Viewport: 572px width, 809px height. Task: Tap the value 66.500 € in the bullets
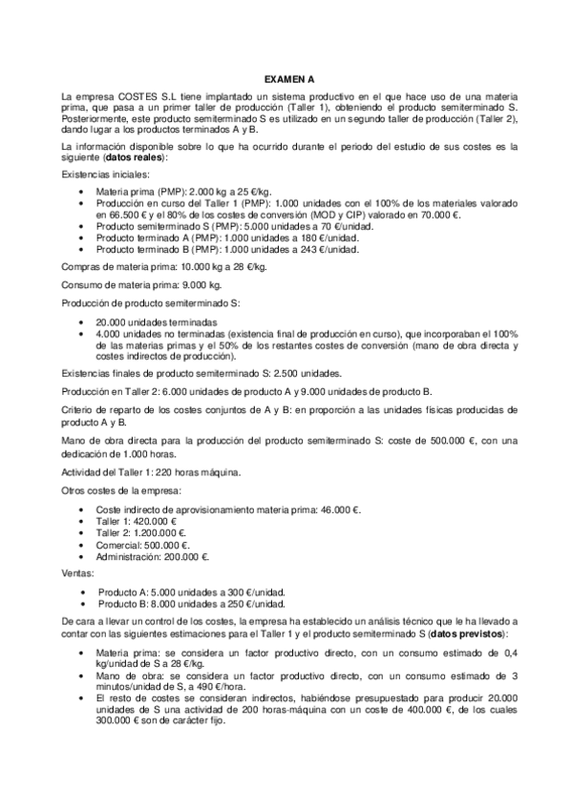click(114, 216)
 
